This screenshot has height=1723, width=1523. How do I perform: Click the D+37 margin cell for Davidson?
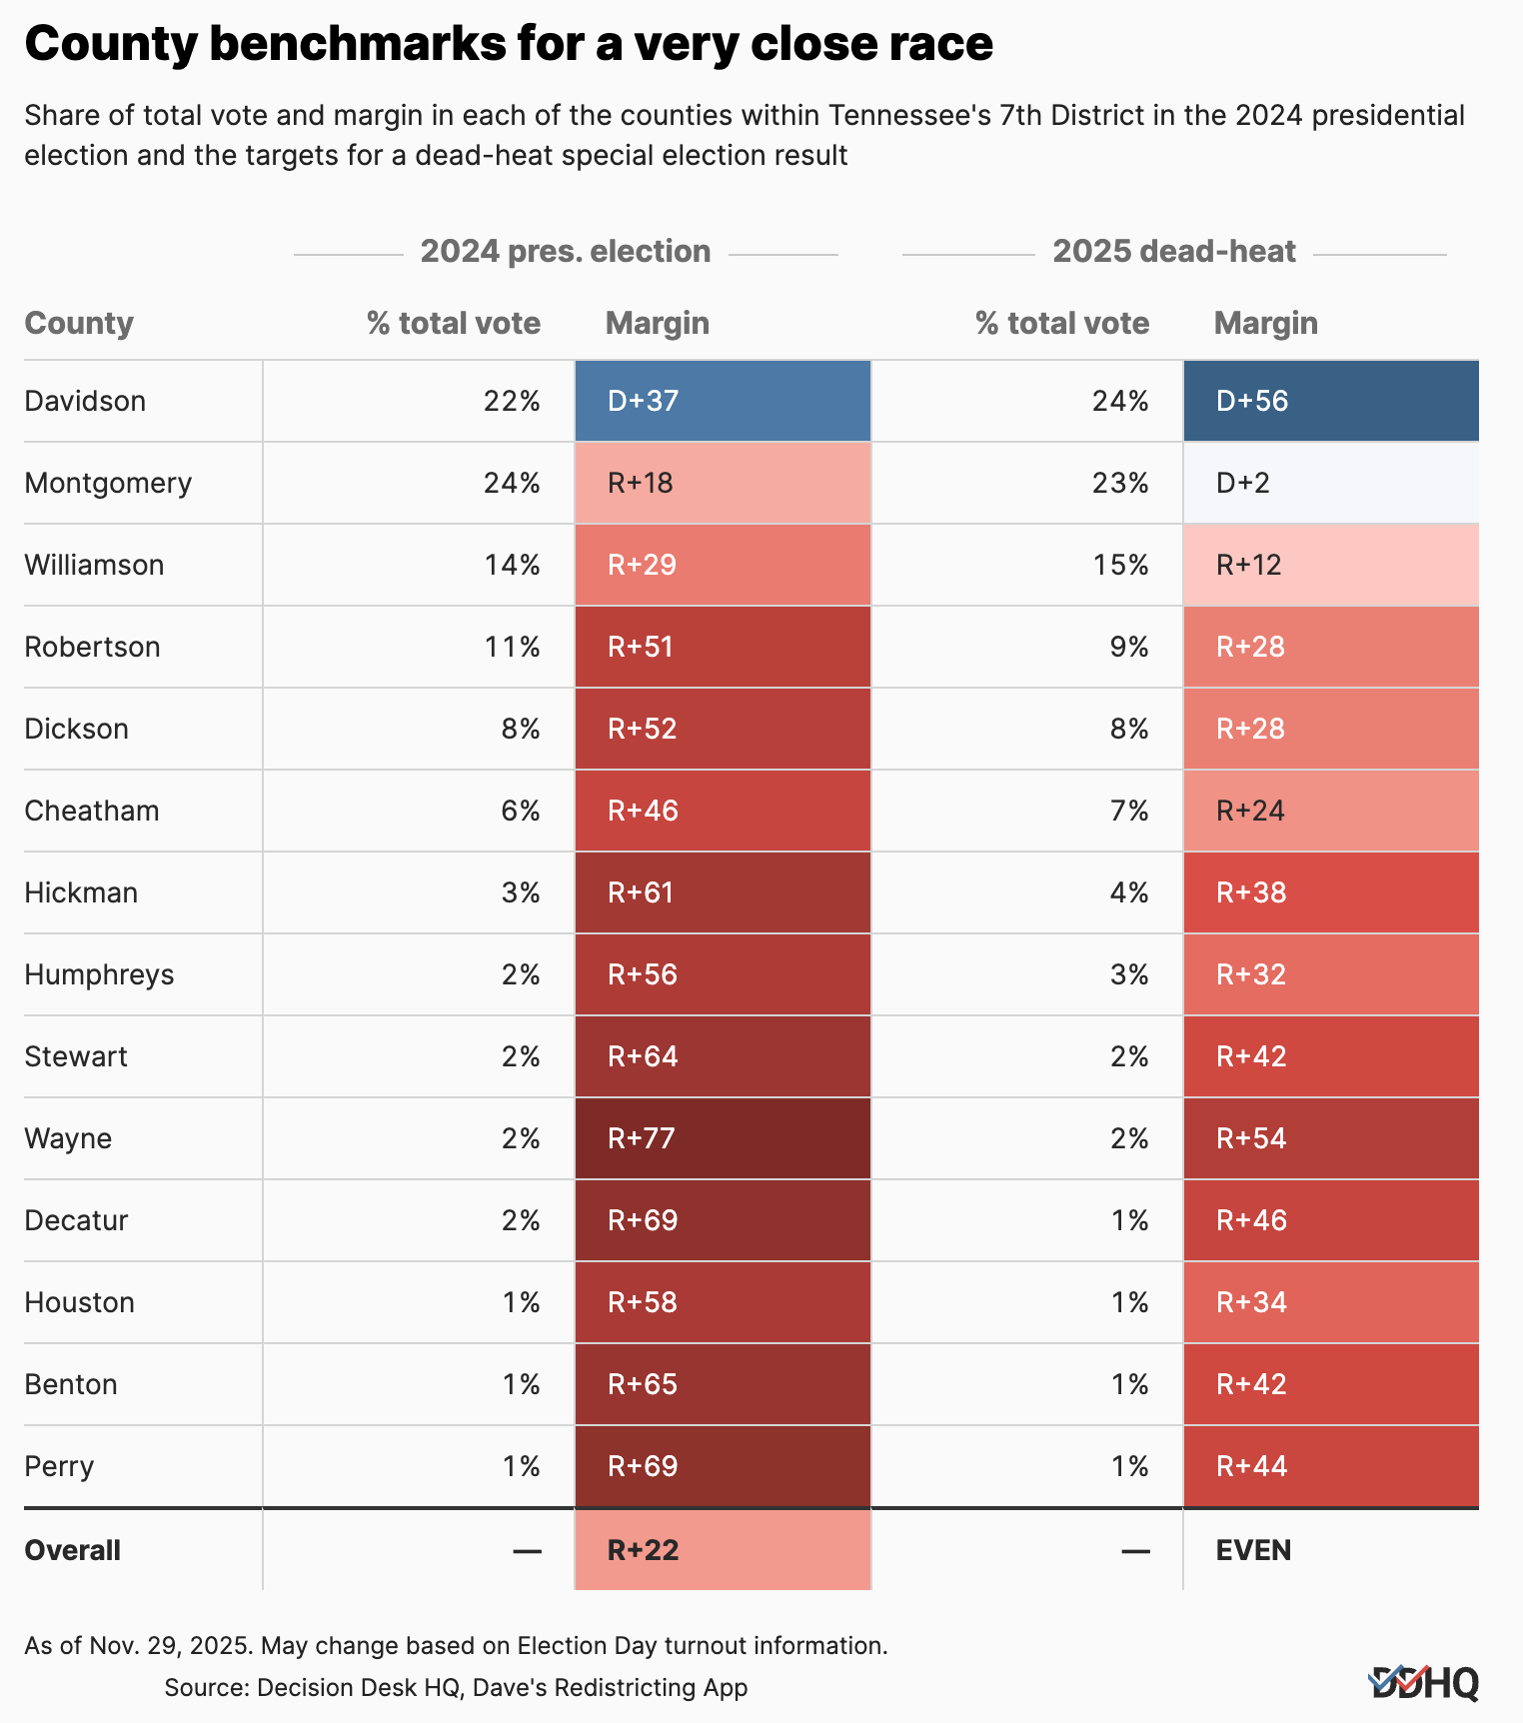tap(722, 401)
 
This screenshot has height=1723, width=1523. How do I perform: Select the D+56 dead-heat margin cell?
tap(1330, 401)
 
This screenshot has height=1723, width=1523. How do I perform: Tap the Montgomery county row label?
tap(108, 483)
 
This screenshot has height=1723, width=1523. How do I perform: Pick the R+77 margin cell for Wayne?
tap(722, 1138)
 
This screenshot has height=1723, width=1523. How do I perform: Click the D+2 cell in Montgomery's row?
tap(1330, 483)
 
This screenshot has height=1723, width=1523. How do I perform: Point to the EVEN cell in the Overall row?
tap(1330, 1550)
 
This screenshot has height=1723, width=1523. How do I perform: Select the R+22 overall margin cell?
tap(722, 1550)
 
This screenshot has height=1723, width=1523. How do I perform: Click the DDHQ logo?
tap(1423, 1683)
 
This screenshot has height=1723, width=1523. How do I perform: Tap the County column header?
tap(79, 323)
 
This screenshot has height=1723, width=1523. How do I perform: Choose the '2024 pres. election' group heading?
tap(565, 251)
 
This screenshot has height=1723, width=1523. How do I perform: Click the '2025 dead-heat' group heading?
tap(1173, 251)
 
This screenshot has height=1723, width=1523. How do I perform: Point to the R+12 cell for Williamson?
tap(1330, 565)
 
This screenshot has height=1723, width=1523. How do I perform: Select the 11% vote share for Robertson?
tap(512, 647)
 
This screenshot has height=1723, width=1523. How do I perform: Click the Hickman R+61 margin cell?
tap(722, 892)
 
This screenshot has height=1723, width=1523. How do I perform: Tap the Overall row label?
tap(72, 1550)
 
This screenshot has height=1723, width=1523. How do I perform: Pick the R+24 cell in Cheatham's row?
tap(1330, 811)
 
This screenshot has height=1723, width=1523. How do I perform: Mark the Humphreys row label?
tap(99, 974)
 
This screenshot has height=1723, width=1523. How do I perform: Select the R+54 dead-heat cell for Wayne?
tap(1330, 1138)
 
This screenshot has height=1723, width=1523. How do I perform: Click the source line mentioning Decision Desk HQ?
tap(456, 1687)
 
